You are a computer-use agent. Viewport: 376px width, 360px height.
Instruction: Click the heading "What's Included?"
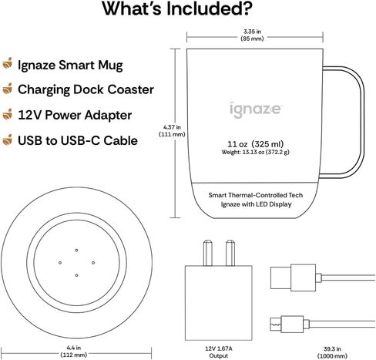click(x=177, y=9)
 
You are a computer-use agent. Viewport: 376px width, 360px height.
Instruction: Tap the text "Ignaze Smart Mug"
click(x=70, y=66)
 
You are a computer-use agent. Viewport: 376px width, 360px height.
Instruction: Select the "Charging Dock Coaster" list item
click(x=86, y=89)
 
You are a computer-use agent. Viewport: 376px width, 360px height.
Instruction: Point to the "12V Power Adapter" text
click(x=75, y=115)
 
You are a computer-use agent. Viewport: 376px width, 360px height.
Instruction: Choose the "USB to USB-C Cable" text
click(x=78, y=140)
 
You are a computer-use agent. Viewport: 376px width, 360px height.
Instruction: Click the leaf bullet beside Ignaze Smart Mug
click(x=8, y=63)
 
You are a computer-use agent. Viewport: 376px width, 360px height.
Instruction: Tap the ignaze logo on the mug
click(x=256, y=109)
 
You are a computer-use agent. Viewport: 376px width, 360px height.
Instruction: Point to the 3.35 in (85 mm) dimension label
click(x=252, y=35)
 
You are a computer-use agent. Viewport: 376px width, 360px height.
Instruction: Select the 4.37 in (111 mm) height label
click(x=172, y=130)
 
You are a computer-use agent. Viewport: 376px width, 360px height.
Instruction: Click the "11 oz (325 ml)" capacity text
click(x=256, y=144)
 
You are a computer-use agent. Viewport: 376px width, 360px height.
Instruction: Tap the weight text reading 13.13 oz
click(x=255, y=152)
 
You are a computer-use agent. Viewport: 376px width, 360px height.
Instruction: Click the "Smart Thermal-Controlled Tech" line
click(x=256, y=195)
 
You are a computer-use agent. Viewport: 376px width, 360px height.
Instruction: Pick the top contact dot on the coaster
click(x=76, y=250)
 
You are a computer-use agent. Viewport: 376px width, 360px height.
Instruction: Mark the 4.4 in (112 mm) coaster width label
click(x=74, y=352)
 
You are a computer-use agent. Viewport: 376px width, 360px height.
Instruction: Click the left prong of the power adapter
click(x=208, y=253)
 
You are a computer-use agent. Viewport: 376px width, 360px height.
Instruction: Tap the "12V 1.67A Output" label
click(x=219, y=352)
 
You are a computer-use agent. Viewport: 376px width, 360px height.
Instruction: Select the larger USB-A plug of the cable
click(x=293, y=278)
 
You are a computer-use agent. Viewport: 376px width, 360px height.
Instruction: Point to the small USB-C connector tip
click(x=276, y=325)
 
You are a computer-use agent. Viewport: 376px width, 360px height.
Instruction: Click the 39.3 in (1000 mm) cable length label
click(x=332, y=352)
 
